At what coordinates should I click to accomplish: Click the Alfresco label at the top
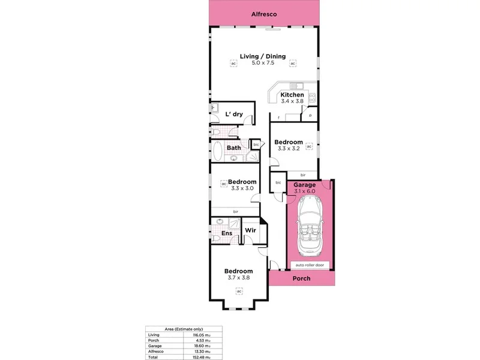click(x=263, y=13)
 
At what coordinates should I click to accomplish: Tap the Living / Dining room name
click(x=263, y=56)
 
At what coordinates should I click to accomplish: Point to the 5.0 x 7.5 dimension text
click(x=263, y=63)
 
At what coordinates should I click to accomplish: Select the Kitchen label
click(x=292, y=95)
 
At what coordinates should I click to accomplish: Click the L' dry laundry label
click(x=233, y=114)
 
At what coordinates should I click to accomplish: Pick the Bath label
click(x=233, y=147)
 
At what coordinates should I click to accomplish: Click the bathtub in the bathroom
click(x=218, y=149)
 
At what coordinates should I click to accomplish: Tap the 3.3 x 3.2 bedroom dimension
click(x=289, y=149)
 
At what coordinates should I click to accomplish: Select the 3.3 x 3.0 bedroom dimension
click(x=242, y=188)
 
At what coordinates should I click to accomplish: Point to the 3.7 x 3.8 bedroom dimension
click(x=238, y=278)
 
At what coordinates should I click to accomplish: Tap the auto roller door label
click(x=310, y=264)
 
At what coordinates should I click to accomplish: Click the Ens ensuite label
click(x=227, y=233)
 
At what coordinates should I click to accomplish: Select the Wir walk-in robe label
click(x=250, y=230)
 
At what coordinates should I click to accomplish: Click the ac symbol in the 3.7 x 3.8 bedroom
click(x=238, y=292)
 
